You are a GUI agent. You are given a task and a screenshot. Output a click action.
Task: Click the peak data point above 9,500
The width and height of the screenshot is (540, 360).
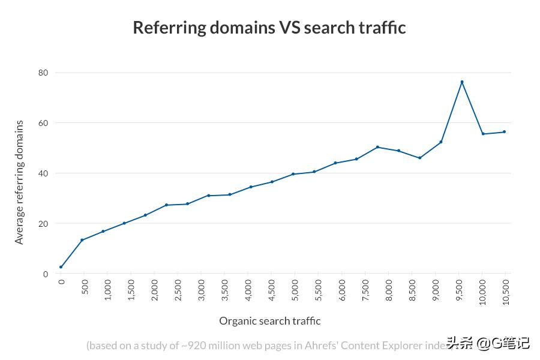point(462,82)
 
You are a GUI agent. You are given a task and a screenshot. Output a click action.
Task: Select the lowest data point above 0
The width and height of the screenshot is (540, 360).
point(61,267)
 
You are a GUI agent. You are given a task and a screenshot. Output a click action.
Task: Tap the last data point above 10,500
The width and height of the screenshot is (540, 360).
point(504,132)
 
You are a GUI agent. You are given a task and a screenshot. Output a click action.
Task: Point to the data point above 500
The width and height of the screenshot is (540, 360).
point(82,240)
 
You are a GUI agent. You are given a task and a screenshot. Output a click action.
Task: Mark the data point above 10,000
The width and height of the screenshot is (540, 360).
point(483,134)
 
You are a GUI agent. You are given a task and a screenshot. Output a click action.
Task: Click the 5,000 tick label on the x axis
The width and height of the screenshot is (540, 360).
point(295,290)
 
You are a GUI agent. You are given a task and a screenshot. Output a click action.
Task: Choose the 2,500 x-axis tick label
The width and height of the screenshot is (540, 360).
point(178,290)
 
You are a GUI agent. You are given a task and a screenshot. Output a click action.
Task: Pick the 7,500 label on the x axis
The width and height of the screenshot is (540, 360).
point(365,290)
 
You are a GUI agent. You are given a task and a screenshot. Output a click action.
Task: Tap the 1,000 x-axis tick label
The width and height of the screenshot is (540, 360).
point(107,290)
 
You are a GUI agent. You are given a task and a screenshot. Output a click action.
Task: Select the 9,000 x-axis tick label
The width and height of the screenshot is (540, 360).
point(435,290)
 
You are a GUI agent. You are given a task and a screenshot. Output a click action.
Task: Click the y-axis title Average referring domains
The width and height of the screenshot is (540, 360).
point(20,182)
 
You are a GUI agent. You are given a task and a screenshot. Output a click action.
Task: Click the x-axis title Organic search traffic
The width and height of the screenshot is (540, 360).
point(269,321)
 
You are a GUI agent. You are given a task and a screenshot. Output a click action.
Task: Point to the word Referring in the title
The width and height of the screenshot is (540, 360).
point(168,28)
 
